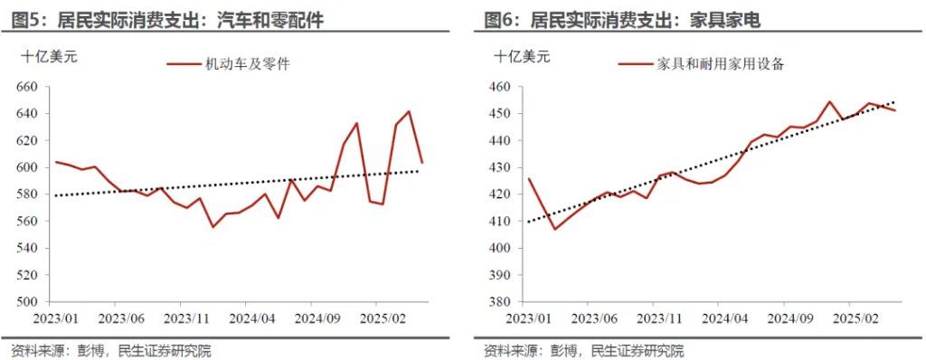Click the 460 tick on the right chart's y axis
click(499, 88)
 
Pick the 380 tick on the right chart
click(499, 302)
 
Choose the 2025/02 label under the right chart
click(856, 318)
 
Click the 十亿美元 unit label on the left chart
click(50, 56)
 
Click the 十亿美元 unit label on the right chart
click(522, 56)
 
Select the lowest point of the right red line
click(554, 229)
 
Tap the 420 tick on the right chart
click(499, 194)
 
